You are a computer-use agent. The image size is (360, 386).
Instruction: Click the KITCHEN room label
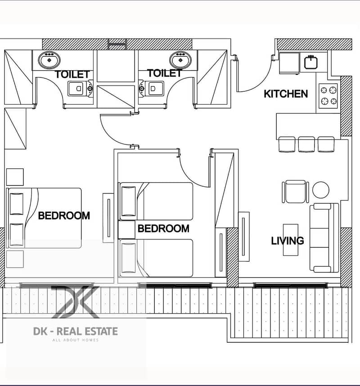(286, 94)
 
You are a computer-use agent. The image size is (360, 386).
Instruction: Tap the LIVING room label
(288, 241)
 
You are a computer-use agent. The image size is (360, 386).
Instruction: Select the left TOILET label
(72, 74)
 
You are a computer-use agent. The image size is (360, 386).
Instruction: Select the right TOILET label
(165, 73)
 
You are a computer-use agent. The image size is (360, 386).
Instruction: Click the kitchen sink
(311, 62)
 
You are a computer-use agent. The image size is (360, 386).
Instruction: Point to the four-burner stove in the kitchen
(328, 96)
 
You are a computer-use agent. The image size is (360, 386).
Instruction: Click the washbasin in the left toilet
(49, 59)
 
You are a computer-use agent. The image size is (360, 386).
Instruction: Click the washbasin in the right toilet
(180, 59)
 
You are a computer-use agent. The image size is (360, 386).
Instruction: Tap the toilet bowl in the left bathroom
(81, 88)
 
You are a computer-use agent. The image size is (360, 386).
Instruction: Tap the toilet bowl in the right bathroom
(151, 88)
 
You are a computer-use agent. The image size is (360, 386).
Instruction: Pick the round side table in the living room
(321, 190)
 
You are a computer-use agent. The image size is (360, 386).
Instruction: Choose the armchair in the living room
(296, 192)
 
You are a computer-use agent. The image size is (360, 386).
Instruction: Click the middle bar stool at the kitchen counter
(306, 144)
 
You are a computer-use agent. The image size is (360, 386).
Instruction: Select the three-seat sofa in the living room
(324, 238)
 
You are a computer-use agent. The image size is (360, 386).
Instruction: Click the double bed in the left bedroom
(44, 218)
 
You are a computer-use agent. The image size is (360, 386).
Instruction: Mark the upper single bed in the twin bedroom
(156, 201)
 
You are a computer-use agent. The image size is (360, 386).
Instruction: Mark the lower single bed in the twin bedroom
(156, 258)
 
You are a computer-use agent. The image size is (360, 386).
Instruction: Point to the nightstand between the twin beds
(126, 230)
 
